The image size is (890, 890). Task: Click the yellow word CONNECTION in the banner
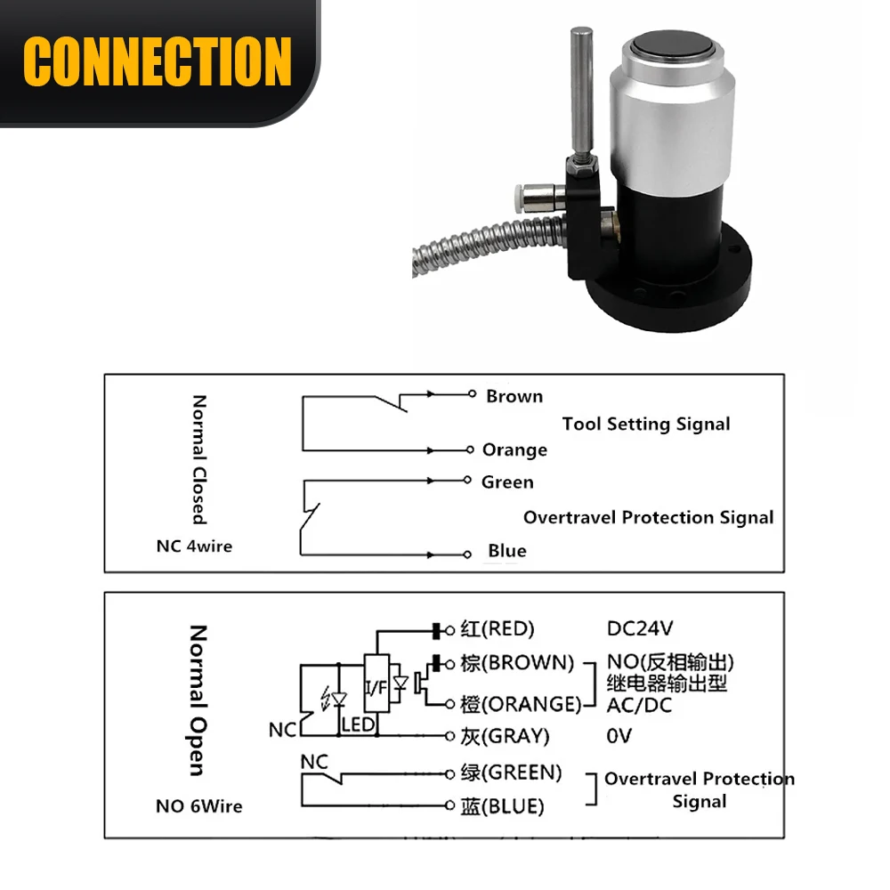[x=158, y=61]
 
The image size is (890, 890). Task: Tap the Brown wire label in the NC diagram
[x=514, y=396]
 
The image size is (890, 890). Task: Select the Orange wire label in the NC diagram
[x=514, y=450]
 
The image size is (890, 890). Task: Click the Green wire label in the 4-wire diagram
[x=507, y=482]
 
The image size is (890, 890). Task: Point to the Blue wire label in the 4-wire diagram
[x=506, y=551]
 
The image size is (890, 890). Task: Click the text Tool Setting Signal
[x=646, y=424]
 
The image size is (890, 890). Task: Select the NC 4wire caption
[x=194, y=546]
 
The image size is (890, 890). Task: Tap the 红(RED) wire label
[x=498, y=629]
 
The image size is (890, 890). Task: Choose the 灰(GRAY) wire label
[x=505, y=736]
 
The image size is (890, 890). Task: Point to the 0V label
[x=619, y=736]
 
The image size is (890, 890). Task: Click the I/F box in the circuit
[x=376, y=684]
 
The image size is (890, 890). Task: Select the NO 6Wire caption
[x=198, y=806]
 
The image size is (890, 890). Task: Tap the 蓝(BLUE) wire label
[x=502, y=806]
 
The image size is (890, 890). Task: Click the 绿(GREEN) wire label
[x=511, y=772]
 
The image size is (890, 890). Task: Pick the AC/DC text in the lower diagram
[x=640, y=705]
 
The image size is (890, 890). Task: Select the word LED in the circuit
[x=358, y=725]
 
